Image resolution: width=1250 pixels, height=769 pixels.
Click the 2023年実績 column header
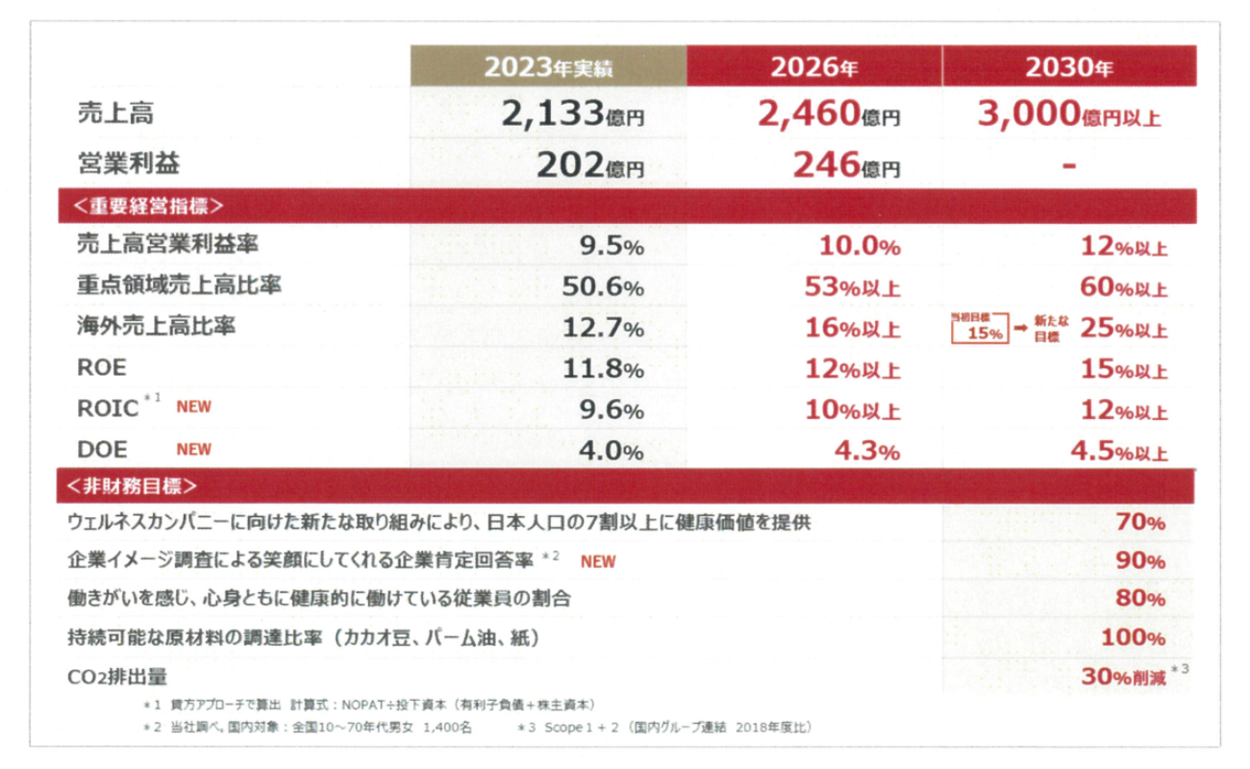(x=548, y=68)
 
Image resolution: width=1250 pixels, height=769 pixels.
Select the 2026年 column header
(x=813, y=68)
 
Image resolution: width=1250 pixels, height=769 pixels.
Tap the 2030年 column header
(x=1069, y=68)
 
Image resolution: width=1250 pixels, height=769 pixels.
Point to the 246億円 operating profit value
(x=846, y=165)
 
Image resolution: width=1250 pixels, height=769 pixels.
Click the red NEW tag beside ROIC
(x=193, y=407)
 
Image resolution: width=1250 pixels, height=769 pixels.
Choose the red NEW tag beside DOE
(x=193, y=449)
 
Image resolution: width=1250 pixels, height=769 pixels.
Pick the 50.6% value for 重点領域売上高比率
(x=602, y=286)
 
